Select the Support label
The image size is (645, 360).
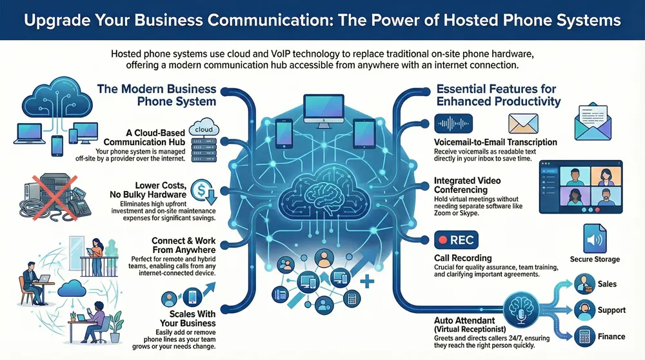point(611,310)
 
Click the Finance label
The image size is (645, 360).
point(611,335)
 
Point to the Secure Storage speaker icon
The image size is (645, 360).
point(593,239)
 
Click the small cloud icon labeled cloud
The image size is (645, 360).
point(203,129)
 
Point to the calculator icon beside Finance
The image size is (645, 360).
point(583,335)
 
